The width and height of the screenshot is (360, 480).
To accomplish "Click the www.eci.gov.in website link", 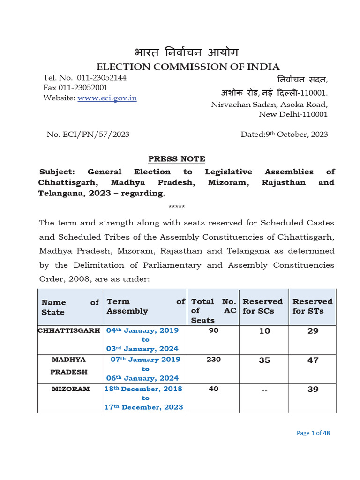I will [107, 98].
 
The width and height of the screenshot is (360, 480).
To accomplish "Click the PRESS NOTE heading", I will [177, 159].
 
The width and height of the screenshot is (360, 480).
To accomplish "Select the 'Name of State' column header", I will [70, 307].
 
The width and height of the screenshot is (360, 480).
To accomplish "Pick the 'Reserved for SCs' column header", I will [262, 306].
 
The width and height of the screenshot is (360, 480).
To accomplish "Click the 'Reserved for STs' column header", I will [312, 306].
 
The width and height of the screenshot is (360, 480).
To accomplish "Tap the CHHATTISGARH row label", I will [69, 330].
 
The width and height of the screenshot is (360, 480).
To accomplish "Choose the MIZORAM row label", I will [71, 389].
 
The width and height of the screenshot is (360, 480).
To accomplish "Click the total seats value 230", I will [213, 360].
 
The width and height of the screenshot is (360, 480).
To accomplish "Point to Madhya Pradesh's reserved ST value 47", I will [313, 360].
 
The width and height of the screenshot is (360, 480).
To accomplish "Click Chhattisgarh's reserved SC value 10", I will [264, 331].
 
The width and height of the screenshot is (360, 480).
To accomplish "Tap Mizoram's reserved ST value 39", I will [313, 390].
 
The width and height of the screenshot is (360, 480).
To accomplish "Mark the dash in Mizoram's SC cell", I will [264, 390].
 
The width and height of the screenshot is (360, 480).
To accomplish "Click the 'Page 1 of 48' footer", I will [313, 433].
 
